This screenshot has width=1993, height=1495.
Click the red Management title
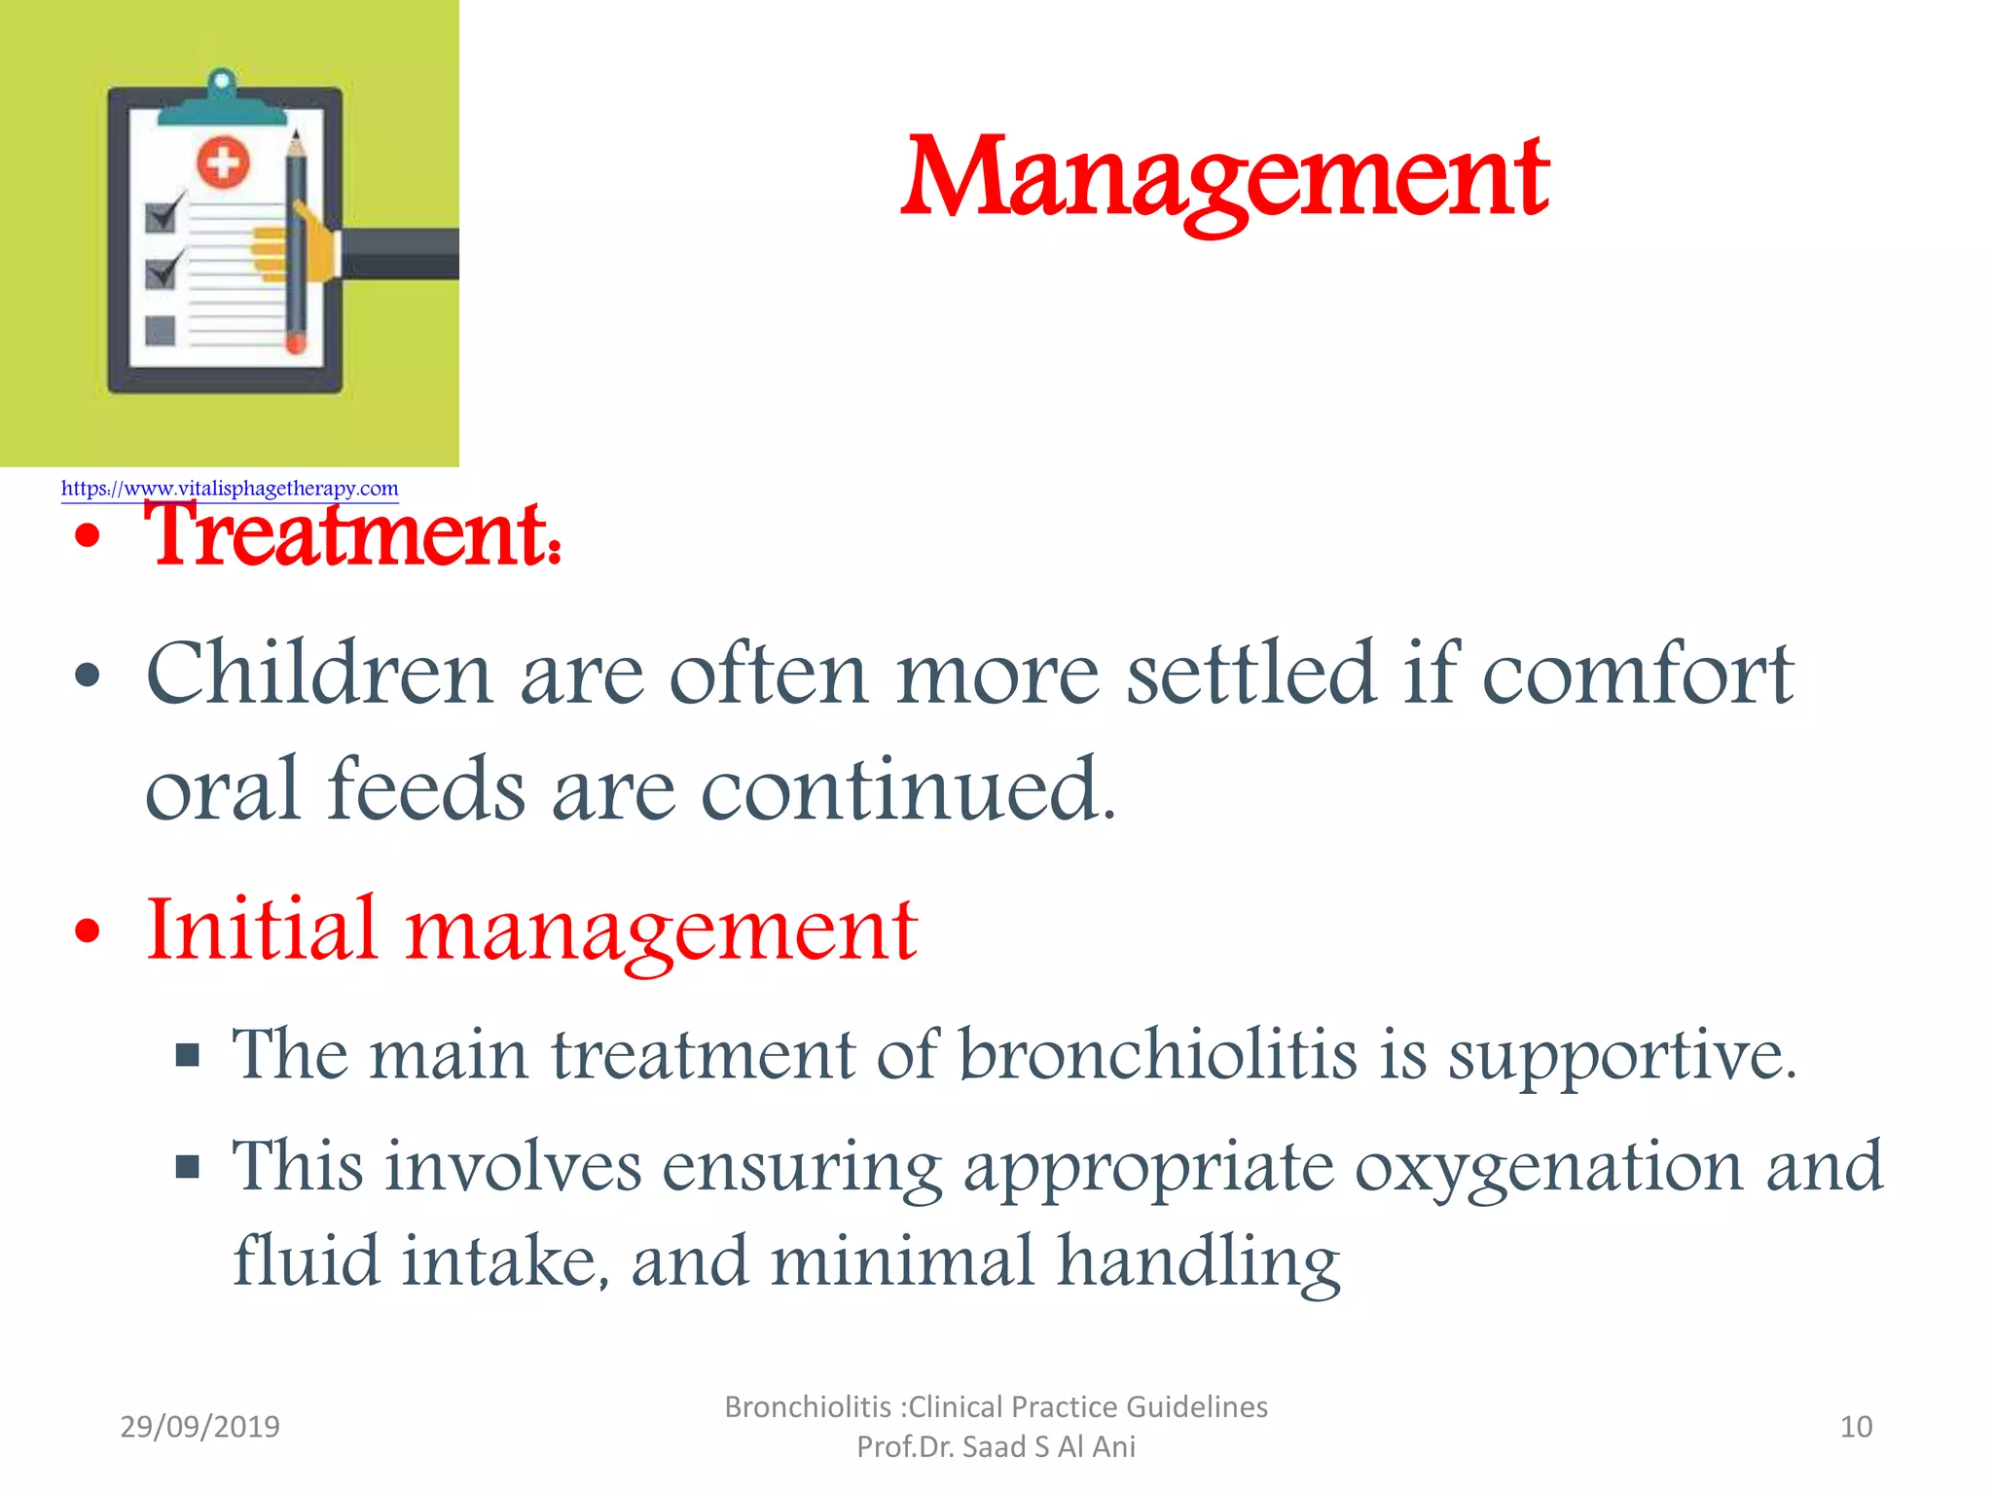[1224, 180]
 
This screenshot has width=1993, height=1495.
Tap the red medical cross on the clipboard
[224, 162]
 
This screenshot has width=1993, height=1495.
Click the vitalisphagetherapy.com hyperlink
[230, 489]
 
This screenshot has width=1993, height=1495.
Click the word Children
[318, 674]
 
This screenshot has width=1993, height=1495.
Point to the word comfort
[1637, 674]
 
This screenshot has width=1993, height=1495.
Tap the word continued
[907, 788]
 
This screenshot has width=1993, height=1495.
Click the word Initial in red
[260, 930]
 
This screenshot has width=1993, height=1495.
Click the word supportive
[1620, 1057]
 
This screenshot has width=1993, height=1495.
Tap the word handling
[1199, 1262]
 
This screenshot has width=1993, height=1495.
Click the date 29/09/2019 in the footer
[199, 1427]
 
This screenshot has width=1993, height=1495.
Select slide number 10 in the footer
[1856, 1427]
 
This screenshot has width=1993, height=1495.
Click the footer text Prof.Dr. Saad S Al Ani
[996, 1447]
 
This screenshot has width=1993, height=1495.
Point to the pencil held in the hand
[296, 243]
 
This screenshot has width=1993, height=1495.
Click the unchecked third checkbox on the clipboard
[160, 331]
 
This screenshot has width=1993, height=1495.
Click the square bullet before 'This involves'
[188, 1166]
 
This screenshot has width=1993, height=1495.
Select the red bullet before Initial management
[88, 931]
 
